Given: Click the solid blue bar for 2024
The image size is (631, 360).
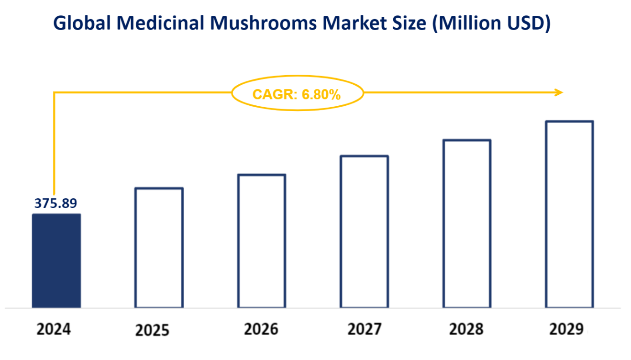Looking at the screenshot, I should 56,260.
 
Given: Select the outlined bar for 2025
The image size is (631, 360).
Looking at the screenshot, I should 159,247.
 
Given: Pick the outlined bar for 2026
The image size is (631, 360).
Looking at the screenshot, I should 262,241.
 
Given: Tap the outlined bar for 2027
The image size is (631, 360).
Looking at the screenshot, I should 364,231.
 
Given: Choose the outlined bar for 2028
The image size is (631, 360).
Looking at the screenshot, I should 467,224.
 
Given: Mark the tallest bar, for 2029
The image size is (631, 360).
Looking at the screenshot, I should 569,214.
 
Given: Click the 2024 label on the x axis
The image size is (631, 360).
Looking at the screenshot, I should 54,329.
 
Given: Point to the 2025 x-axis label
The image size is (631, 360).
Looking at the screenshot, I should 152,330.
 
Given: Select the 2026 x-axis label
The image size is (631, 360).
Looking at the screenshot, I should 261,329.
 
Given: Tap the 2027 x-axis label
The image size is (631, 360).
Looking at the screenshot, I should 365,329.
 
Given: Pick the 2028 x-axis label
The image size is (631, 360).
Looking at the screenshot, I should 466,329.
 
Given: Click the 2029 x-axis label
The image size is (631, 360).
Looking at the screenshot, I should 567,329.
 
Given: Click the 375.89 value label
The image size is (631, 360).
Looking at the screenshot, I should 55,203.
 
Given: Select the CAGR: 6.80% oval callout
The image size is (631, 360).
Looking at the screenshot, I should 297,94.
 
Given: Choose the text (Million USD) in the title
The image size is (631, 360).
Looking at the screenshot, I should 491,23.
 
